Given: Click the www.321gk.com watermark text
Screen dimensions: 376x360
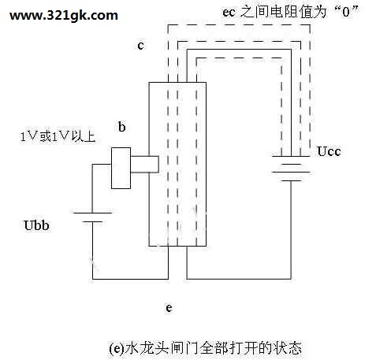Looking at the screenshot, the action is (x=64, y=16).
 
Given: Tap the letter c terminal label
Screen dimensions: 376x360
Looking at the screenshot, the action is (x=141, y=46).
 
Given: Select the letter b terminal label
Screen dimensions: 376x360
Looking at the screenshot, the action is (x=122, y=127).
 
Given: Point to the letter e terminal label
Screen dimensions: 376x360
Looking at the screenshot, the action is (x=169, y=307).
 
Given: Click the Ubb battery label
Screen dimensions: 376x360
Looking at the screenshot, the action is (x=36, y=225).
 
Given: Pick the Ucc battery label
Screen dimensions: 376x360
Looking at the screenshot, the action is (x=329, y=151).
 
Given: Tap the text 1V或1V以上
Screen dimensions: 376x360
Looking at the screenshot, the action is (x=58, y=136).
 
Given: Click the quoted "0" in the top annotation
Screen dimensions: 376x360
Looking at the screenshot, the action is (x=346, y=12).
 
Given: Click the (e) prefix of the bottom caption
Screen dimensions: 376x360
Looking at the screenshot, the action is (x=116, y=348).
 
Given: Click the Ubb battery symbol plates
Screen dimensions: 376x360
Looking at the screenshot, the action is (x=92, y=217).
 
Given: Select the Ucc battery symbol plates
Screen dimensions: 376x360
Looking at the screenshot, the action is (x=291, y=169).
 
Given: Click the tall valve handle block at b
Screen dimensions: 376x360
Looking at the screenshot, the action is (x=121, y=168).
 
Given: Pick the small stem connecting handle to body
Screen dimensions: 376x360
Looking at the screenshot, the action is (x=145, y=165).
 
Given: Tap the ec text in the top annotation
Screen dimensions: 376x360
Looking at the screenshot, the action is (x=229, y=12).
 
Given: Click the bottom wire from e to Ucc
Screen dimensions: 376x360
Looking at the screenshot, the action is (x=239, y=279).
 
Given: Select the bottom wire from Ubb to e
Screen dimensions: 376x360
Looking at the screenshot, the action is (x=130, y=279).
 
